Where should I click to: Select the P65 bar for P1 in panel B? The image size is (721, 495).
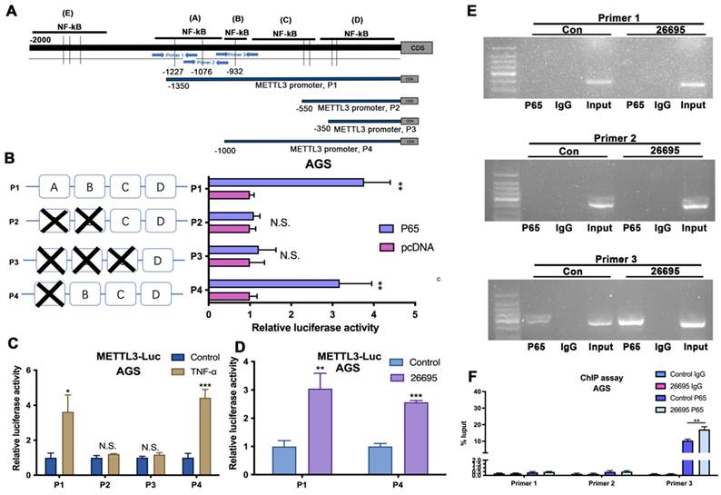pos(286,183)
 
